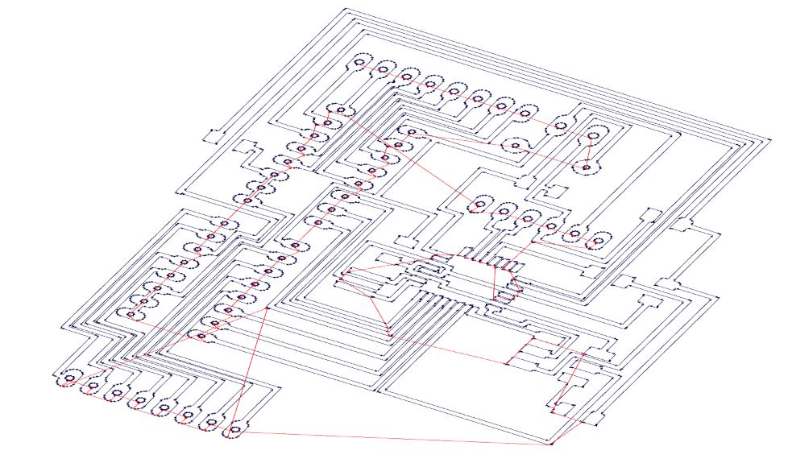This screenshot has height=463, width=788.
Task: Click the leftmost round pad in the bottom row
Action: point(69,378)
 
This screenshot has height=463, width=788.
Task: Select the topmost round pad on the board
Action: point(359,61)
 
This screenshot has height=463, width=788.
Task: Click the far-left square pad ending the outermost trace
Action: point(214,135)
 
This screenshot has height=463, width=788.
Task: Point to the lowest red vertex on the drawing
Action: point(551,444)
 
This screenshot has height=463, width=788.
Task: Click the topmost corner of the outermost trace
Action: point(346,9)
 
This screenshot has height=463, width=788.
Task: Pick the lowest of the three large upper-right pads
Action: point(587,168)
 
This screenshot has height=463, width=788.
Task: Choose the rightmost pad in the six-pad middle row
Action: point(599,240)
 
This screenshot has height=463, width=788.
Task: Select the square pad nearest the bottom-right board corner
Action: point(597,418)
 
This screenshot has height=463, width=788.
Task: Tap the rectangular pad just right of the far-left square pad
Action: point(247,147)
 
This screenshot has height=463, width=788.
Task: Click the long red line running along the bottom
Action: point(395,437)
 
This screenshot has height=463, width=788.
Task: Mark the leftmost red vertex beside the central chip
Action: point(342,279)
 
